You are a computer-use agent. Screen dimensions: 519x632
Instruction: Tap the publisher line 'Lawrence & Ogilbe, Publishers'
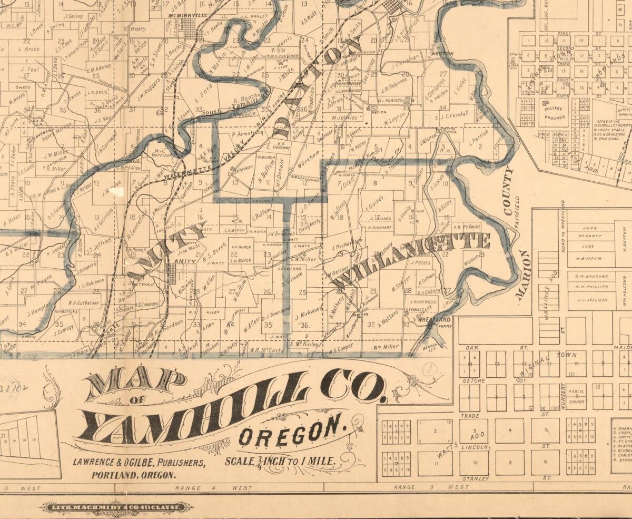point(139,463)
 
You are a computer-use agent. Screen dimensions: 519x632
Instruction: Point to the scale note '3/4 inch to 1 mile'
point(280,461)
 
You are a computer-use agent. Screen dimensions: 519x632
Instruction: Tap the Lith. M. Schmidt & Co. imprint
point(116,507)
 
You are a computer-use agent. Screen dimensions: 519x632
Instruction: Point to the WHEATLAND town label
point(434,320)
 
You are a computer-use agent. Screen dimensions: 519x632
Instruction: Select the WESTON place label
point(441,54)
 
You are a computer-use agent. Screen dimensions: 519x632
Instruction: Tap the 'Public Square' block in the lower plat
point(577,396)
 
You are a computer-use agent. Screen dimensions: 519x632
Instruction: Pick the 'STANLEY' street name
point(475,479)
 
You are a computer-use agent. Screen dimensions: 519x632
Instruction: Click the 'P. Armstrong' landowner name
point(247,134)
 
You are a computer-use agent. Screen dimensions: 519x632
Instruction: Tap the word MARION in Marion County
point(524,275)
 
